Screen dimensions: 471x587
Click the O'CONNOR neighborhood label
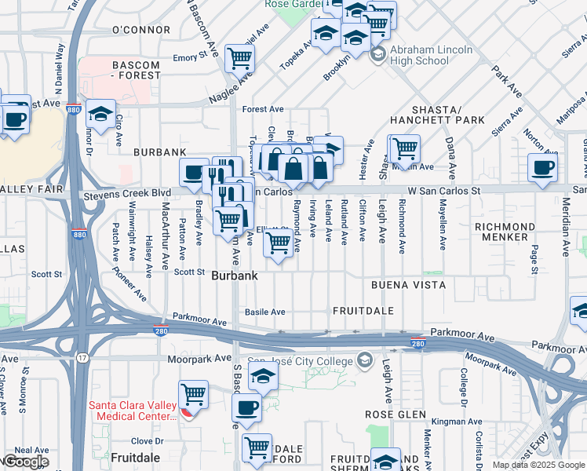click(141, 30)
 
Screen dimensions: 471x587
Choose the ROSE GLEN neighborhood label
click(396, 414)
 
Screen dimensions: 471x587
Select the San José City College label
click(306, 361)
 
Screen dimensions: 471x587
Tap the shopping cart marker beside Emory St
click(239, 57)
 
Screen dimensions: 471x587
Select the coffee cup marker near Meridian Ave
click(542, 167)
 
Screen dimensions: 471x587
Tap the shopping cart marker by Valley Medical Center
click(193, 392)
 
